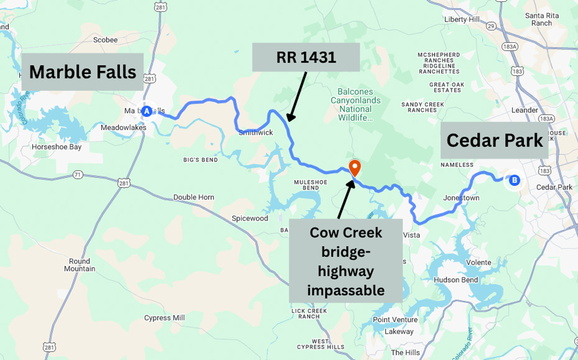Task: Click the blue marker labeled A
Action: (147, 111)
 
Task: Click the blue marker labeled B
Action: (514, 181)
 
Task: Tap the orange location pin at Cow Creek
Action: (354, 168)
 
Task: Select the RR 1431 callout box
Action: (305, 57)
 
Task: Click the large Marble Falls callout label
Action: (82, 72)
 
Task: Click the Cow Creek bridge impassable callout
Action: (346, 261)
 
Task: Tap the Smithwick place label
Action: (256, 133)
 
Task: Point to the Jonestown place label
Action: (461, 199)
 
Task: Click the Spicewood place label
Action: (249, 218)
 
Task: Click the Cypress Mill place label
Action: (164, 318)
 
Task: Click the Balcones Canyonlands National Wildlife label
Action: (359, 104)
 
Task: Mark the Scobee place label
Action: (105, 39)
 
